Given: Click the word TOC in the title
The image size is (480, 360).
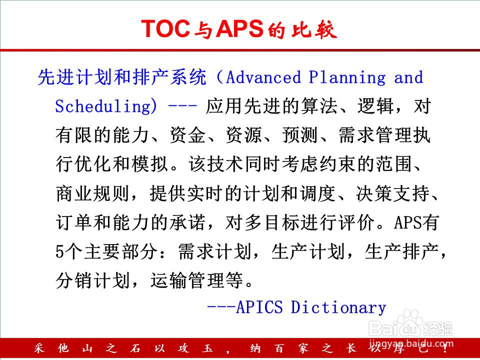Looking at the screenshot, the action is [165, 28].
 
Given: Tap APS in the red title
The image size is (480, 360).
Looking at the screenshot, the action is [239, 28].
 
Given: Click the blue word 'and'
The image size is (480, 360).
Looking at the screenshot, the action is [408, 77].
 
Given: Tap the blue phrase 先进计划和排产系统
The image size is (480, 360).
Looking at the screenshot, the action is [122, 77].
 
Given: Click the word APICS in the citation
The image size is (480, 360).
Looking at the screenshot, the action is [259, 307].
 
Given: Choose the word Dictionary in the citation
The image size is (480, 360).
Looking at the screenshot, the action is [338, 307].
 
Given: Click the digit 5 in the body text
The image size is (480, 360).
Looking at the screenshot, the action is [60, 251].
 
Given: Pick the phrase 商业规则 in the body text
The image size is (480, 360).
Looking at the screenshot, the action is [93, 193].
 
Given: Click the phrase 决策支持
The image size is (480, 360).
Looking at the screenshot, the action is [393, 193].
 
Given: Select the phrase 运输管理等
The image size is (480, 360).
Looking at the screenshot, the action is [197, 280].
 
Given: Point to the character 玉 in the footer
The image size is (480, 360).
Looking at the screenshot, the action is [207, 348].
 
